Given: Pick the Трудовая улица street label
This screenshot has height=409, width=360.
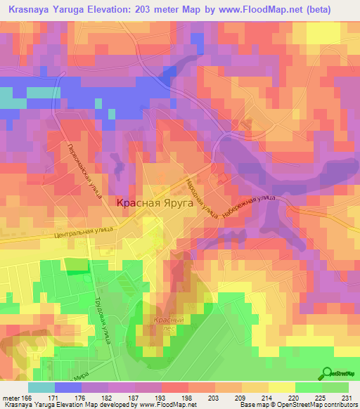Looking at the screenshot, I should [103, 320].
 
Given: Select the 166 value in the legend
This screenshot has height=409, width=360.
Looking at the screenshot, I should [27, 398].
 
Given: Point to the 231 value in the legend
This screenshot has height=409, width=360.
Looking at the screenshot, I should [346, 398].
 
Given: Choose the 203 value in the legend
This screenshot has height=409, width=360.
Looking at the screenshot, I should [199, 398].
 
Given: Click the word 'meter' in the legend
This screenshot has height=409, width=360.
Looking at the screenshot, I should [10, 398].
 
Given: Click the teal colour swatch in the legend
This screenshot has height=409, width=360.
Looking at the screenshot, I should [41, 387].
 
